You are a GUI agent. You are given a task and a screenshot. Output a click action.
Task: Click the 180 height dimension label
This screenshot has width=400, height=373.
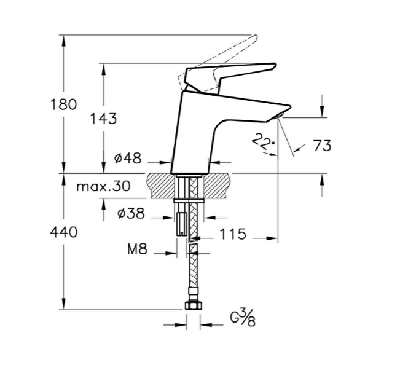click(63, 104)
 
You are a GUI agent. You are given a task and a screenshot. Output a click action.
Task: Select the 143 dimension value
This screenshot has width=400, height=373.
click(103, 119)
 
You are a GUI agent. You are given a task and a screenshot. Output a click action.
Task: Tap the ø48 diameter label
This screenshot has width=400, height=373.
click(128, 159)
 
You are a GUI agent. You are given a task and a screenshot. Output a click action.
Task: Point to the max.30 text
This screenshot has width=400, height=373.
click(103, 187)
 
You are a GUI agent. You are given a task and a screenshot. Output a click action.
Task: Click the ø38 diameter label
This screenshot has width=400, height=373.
click(131, 213)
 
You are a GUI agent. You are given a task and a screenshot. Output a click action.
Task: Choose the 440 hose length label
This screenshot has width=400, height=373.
click(63, 232)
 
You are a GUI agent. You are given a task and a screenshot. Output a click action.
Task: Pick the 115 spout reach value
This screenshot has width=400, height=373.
click(233, 234)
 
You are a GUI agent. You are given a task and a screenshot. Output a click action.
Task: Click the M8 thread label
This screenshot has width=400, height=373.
click(137, 249)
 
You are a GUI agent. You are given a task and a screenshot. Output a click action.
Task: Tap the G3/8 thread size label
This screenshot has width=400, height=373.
click(243, 317)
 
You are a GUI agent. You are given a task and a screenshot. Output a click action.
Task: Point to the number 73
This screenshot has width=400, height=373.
click(322, 146)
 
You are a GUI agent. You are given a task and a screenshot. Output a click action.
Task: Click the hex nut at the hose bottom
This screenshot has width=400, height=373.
click(193, 305)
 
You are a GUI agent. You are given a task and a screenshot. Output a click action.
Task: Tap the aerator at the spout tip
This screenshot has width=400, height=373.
click(279, 117)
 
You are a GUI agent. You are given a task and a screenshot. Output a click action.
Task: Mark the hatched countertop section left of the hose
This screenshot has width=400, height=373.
click(161, 186)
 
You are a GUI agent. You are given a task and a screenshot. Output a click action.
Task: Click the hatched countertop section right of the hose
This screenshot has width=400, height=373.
click(217, 186)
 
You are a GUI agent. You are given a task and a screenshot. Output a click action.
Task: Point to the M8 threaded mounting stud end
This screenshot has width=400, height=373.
click(181, 232)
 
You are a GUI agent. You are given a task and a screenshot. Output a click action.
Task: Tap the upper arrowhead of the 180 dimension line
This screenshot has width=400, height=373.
click(63, 41)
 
